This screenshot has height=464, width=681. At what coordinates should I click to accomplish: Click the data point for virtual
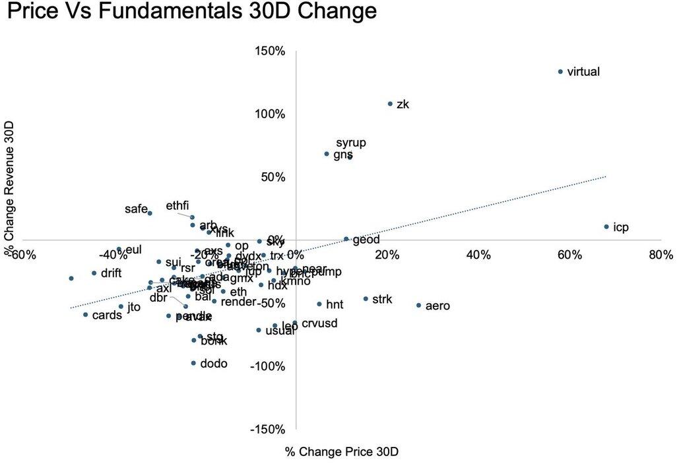point(560,71)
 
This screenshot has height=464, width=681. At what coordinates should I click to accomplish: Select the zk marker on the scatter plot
point(390,104)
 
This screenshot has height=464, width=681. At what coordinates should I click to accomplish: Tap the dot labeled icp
point(606,227)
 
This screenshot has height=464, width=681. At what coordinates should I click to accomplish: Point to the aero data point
point(418,306)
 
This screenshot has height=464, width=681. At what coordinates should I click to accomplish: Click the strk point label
point(382,299)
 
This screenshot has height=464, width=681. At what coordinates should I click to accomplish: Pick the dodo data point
point(193,363)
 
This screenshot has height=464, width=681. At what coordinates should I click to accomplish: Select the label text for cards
point(107,315)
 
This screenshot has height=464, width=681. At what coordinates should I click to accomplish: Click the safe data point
point(150,213)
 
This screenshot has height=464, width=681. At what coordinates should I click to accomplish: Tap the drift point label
point(112,273)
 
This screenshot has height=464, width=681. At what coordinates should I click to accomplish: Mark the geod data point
point(346,239)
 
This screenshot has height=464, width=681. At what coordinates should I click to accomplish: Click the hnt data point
point(319,304)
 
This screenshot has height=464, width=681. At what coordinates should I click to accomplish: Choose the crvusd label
point(319,323)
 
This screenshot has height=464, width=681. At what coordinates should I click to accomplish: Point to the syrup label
point(351,143)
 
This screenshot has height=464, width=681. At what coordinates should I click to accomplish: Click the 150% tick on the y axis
point(271,51)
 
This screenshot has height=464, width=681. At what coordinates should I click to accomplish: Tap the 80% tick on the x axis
point(661,255)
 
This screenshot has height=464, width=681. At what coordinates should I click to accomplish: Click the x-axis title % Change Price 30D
point(342,451)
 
